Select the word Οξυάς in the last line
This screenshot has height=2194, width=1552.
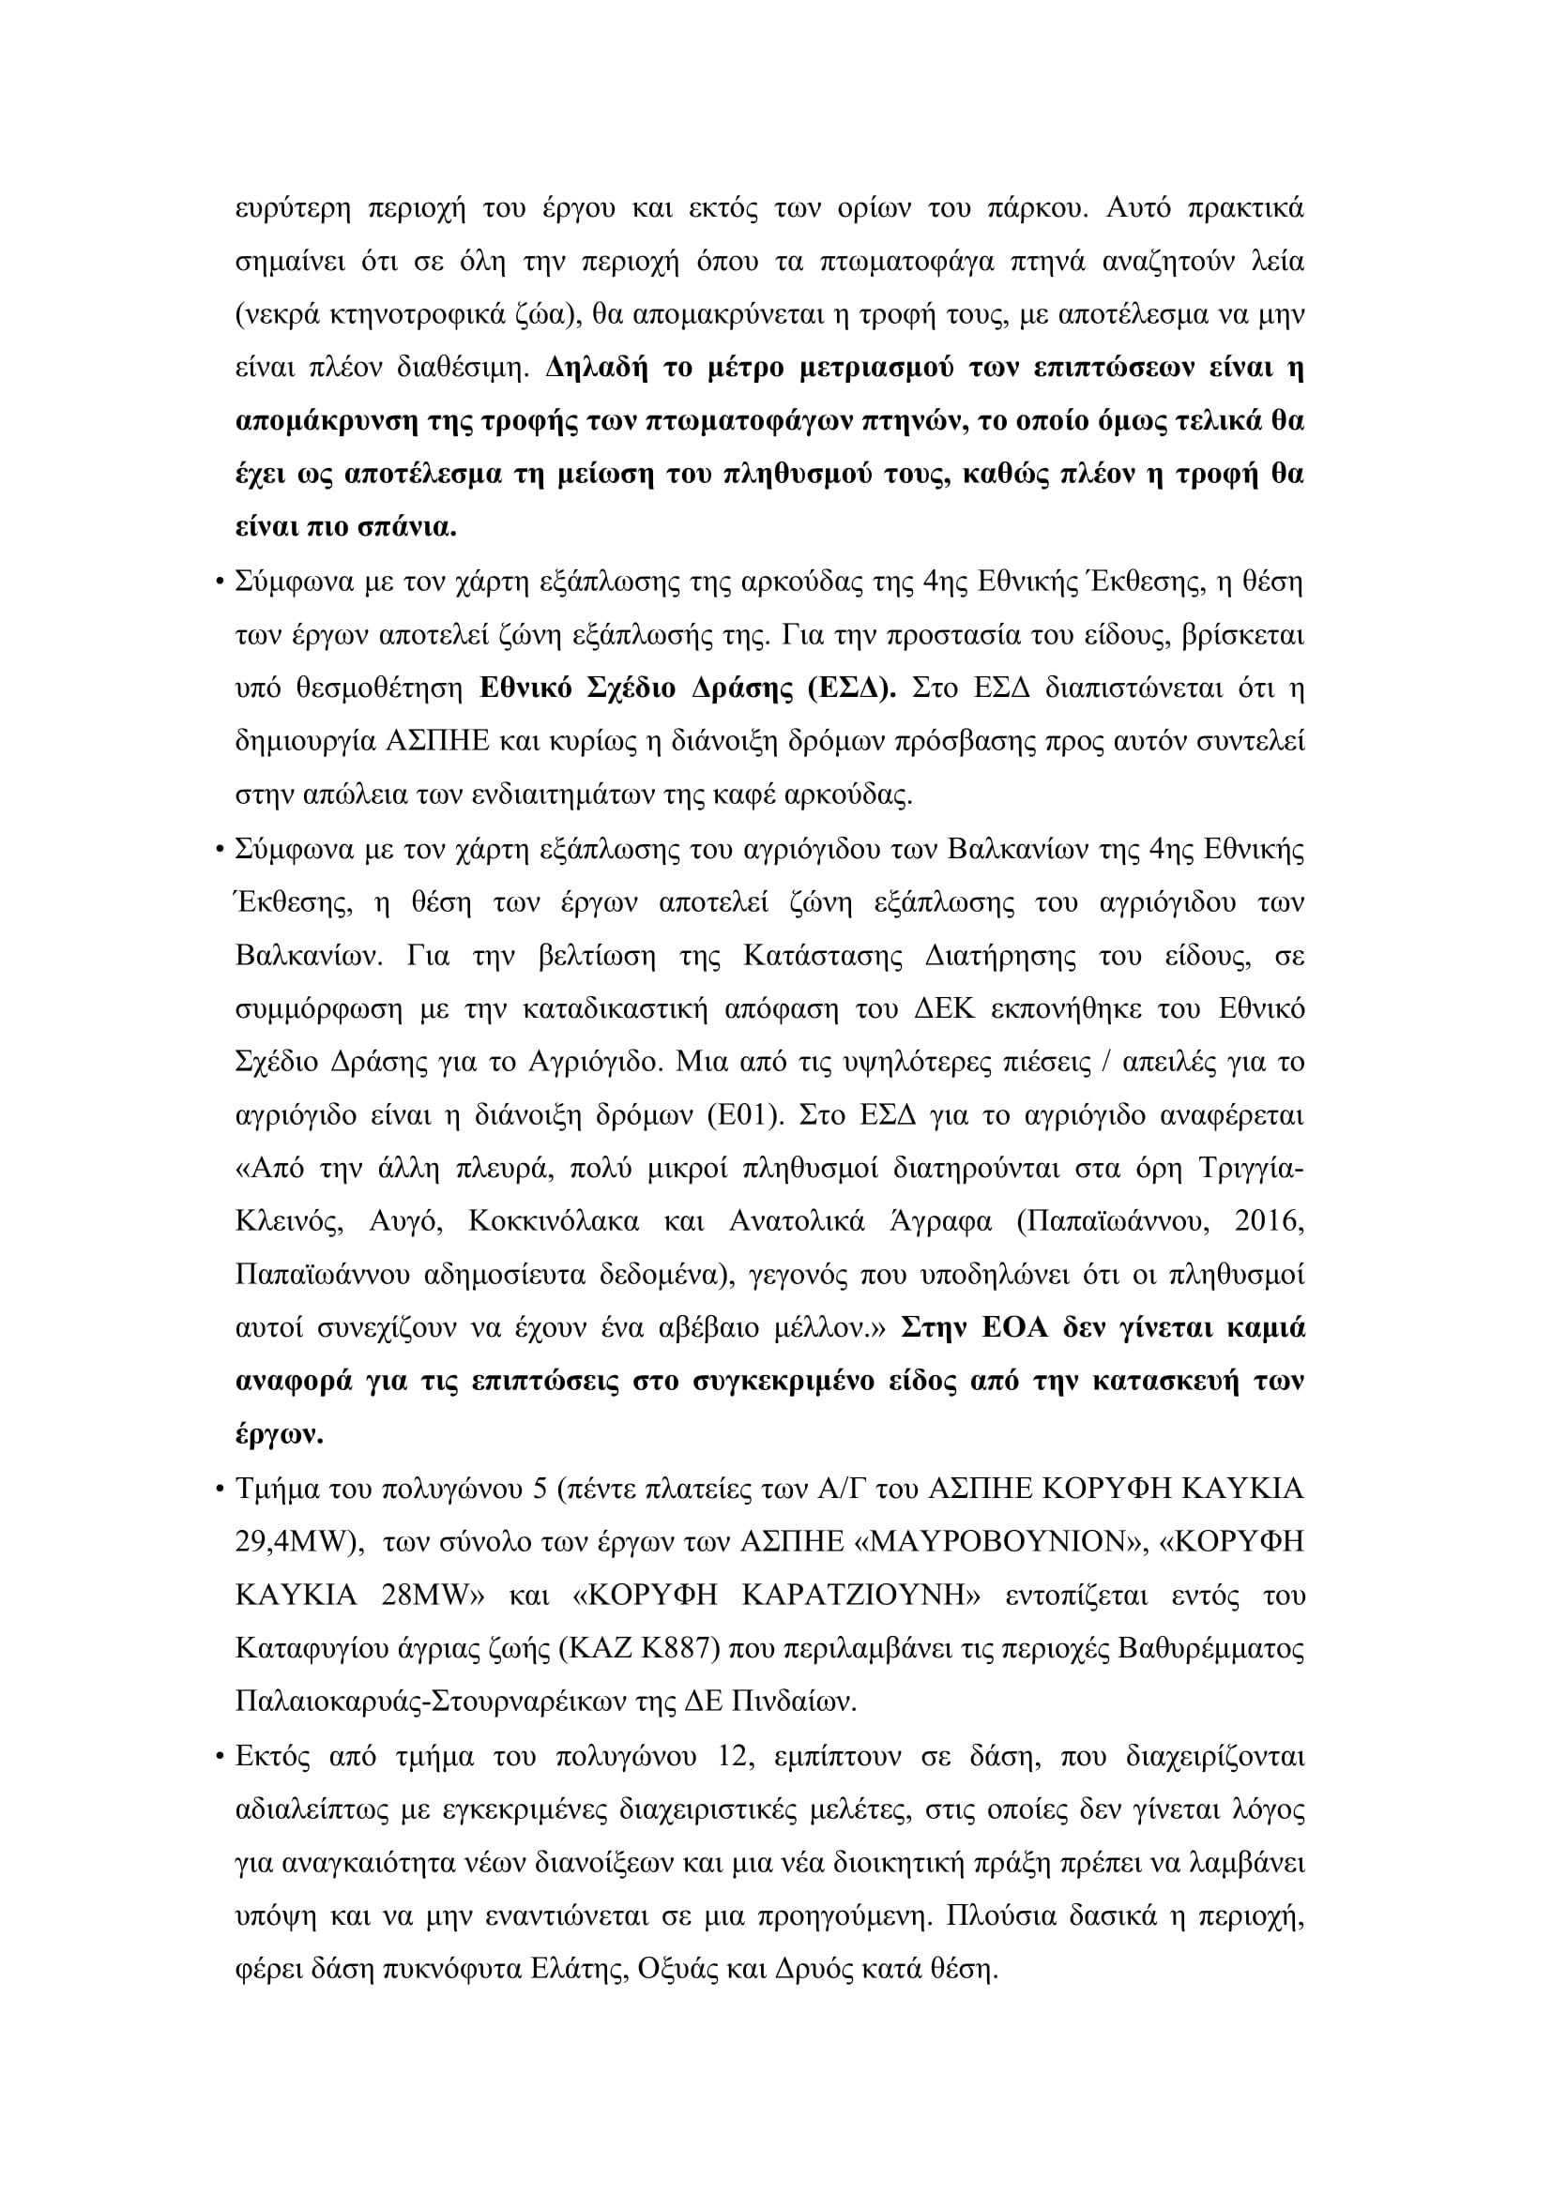click(x=683, y=1970)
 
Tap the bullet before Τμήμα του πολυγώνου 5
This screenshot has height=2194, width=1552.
click(x=219, y=1490)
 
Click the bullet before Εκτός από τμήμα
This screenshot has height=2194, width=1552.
click(x=219, y=1756)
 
